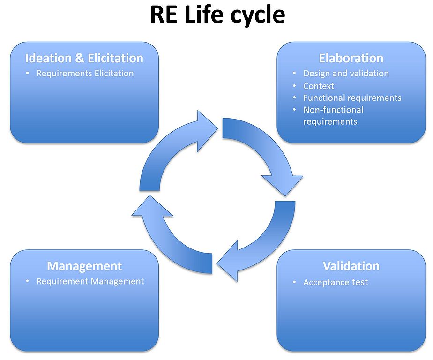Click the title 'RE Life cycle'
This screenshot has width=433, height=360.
217,15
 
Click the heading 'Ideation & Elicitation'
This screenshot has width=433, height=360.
84,58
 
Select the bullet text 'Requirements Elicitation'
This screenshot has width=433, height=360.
85,74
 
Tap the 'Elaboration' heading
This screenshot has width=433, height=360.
351,58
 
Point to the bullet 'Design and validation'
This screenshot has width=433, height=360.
346,74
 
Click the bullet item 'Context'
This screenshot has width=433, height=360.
319,86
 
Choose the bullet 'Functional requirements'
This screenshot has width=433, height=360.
352,98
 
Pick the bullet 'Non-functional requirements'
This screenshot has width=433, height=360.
333,116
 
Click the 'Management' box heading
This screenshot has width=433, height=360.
84,266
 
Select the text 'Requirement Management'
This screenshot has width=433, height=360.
90,282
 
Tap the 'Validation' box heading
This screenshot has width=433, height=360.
351,266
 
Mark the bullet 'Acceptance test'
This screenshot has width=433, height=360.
336,282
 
